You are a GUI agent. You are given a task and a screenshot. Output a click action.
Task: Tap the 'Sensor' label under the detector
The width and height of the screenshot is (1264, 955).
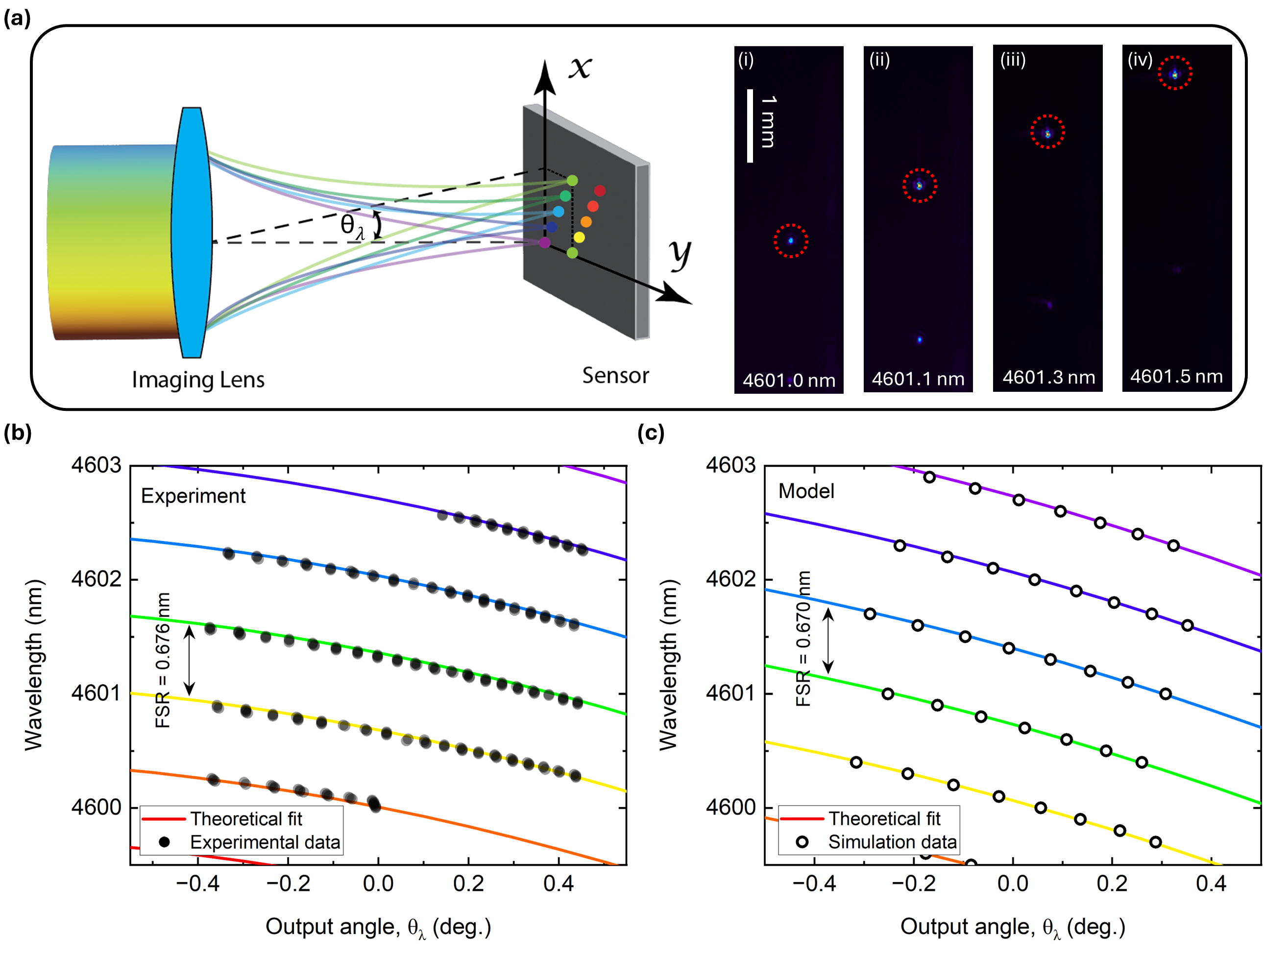coord(615,375)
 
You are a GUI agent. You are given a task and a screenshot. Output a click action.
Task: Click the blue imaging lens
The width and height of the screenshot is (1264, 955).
coord(192,233)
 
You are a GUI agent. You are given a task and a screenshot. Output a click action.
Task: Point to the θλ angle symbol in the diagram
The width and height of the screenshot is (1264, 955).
coord(351,226)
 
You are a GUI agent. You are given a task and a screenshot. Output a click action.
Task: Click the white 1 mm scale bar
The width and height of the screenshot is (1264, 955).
coord(750,126)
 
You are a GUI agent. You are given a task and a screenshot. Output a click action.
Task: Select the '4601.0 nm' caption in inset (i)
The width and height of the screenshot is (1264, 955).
coord(789,381)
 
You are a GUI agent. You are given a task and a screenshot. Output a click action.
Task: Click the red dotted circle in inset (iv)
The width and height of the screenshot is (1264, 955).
coord(1175,73)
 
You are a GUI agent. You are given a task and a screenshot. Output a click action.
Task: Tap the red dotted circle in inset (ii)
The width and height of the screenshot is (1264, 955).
coord(920,186)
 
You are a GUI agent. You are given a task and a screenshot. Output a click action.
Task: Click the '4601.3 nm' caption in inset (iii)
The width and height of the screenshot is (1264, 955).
coord(1048,378)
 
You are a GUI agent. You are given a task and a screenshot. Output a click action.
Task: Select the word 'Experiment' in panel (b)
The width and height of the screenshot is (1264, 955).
coord(193,496)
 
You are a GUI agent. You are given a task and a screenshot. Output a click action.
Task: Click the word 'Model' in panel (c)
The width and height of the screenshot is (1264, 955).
coord(806,491)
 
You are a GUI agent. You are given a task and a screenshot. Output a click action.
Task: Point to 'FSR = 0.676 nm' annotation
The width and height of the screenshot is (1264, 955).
coord(163,660)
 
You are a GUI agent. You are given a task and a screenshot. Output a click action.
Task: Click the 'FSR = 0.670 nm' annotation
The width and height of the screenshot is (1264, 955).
coord(803,638)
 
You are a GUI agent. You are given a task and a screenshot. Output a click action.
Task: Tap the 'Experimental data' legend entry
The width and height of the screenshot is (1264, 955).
coord(265,842)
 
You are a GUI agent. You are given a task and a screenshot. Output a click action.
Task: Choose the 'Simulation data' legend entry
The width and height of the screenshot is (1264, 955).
coord(892,842)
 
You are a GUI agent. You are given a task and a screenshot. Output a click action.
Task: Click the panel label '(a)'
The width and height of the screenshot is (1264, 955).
coord(17,18)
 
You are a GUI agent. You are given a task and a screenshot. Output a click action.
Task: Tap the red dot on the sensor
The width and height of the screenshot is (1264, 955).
coord(600,190)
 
